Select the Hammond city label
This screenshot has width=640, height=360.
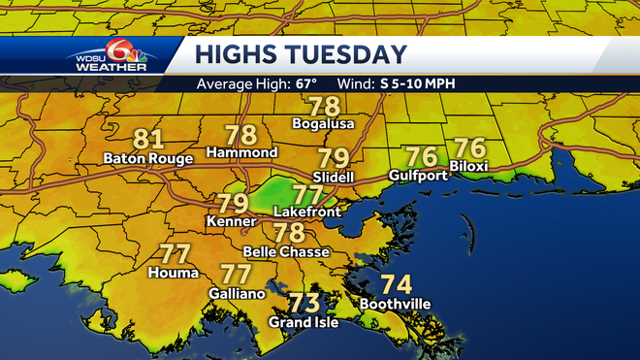click(x=242, y=152)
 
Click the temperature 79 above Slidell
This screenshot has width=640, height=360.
click(x=334, y=158)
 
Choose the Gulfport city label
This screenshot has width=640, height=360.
click(x=419, y=175)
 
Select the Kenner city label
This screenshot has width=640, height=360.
click(x=231, y=222)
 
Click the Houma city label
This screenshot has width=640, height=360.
click(x=174, y=273)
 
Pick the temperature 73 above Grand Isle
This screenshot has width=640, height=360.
click(x=305, y=303)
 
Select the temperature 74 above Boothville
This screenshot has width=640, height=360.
click(x=394, y=285)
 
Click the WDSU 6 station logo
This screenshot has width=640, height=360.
click(x=109, y=56)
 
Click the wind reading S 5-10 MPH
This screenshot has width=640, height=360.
click(x=418, y=82)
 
